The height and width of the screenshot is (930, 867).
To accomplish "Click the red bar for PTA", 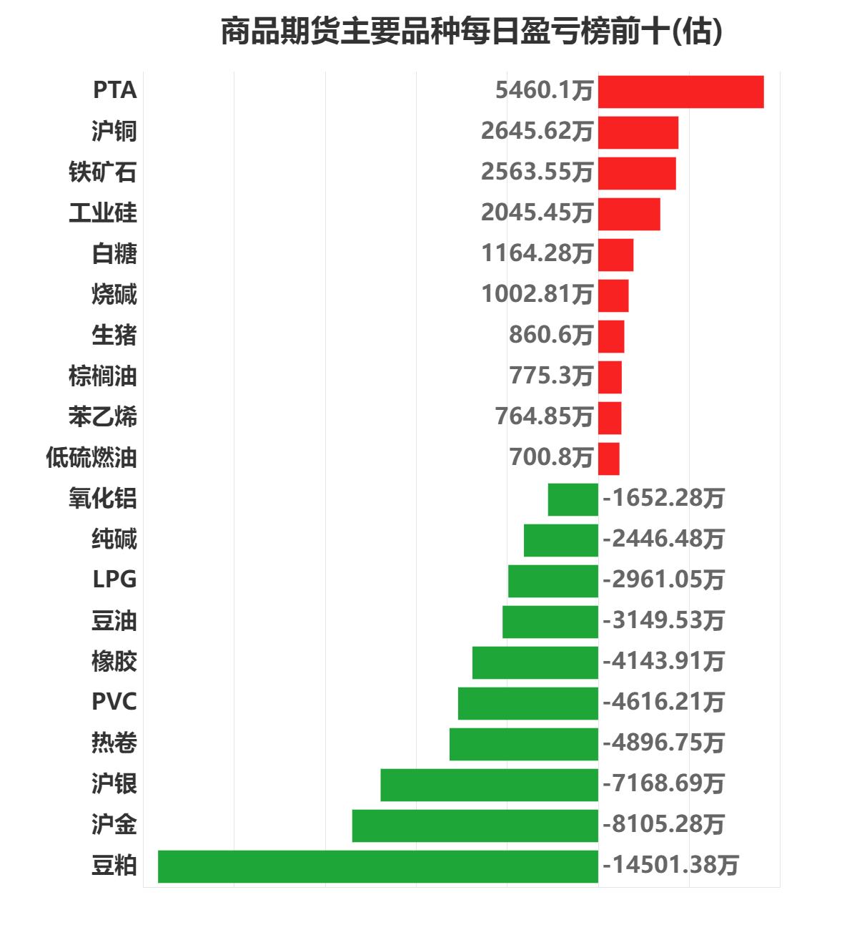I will point(680,92).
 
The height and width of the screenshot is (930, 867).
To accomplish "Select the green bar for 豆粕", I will point(377,866).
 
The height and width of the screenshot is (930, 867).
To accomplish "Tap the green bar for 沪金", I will point(475,826).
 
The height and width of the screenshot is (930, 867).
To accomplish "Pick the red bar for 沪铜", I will point(638,132).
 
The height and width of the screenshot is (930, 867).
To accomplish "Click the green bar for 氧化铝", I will point(573,499).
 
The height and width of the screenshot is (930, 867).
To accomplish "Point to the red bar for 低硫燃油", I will point(608,459).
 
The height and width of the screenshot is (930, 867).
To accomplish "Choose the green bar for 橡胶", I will point(535,662).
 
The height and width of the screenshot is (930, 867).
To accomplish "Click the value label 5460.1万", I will point(544,91).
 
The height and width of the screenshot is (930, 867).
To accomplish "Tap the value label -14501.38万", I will point(670,866).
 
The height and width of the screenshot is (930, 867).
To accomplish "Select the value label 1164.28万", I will point(537,254).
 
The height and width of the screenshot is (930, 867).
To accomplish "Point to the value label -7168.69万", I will point(663,784).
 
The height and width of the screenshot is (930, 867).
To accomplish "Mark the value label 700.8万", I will point(550,458).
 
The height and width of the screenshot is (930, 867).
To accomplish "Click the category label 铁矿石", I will point(102,172).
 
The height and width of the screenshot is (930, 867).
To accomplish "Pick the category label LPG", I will point(114,580).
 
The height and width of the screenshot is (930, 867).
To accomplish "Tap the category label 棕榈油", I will point(102,376).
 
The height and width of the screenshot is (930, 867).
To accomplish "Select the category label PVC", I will point(114,703).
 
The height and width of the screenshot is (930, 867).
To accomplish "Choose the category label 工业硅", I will point(102,213).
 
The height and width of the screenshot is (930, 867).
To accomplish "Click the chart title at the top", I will point(472,32).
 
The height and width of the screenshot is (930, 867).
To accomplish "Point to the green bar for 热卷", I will point(523,744).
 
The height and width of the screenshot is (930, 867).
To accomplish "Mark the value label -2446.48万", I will point(663,539).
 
